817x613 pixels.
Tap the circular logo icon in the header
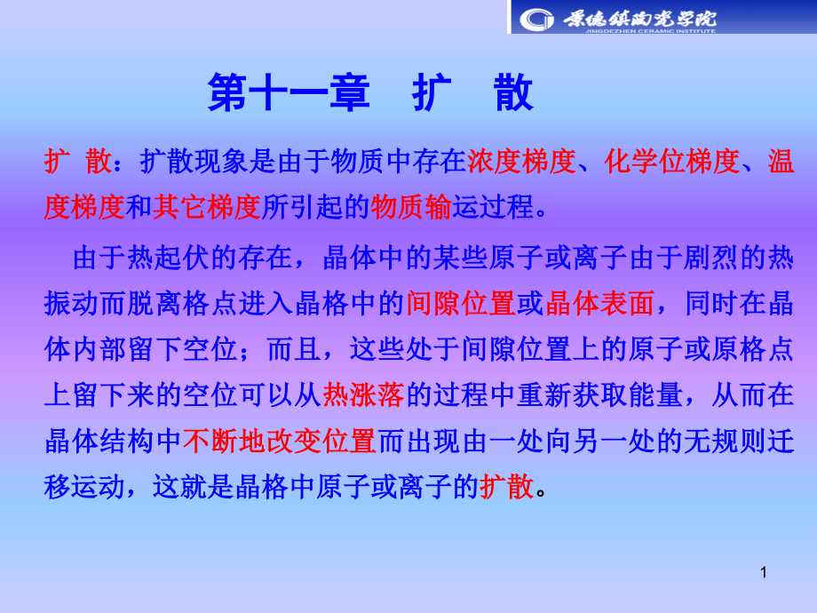[x=535, y=18]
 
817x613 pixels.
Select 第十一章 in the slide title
[x=288, y=92]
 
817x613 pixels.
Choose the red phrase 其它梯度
[x=207, y=207]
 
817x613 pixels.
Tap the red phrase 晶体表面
[x=600, y=304]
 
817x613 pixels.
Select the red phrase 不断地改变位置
[x=280, y=440]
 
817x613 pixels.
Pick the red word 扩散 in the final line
[x=506, y=486]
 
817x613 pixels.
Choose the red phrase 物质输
[x=413, y=207]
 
